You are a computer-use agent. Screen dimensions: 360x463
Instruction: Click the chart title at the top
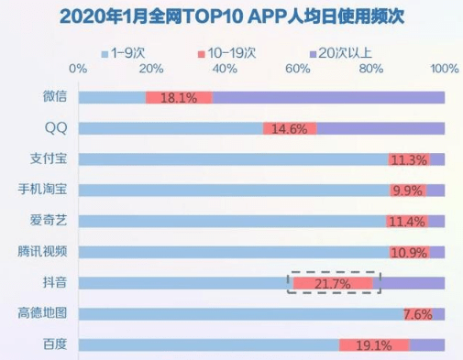(232, 16)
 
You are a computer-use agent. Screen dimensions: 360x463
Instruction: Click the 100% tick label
(445, 69)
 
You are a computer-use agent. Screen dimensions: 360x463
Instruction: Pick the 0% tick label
(78, 69)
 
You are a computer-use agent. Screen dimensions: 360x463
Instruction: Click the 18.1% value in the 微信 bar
(179, 98)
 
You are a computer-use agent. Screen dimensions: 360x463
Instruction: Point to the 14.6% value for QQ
(289, 129)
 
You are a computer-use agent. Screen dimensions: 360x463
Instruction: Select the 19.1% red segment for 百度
(374, 345)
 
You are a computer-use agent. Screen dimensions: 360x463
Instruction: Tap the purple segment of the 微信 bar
(328, 98)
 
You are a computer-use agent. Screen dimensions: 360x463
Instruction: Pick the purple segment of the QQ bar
(380, 129)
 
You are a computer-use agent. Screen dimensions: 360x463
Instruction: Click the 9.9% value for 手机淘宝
(408, 191)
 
